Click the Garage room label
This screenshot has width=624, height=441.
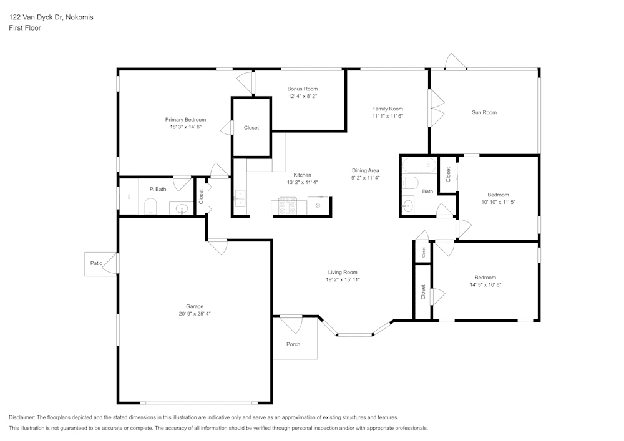tap(195, 306)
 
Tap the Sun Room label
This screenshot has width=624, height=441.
tap(484, 112)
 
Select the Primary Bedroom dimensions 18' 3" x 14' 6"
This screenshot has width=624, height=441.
tap(185, 127)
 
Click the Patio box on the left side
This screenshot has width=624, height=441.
tap(97, 263)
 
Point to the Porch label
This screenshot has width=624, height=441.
tap(293, 344)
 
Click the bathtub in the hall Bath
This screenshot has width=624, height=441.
tap(419, 166)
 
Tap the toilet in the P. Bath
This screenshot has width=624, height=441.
tap(150, 206)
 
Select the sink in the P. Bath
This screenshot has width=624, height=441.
tap(182, 209)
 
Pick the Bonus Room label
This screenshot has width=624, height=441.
tap(303, 89)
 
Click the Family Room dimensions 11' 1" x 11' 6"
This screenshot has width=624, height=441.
tap(388, 116)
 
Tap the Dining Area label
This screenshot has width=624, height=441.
tap(366, 170)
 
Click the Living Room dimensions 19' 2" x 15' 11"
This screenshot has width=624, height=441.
tap(343, 279)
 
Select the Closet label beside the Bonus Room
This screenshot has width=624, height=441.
tap(251, 128)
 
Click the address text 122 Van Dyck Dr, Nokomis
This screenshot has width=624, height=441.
tap(51, 17)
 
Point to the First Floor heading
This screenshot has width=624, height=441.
tap(25, 28)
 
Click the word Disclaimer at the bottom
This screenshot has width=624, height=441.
tap(22, 417)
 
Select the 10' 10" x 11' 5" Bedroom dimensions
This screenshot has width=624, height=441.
tap(498, 202)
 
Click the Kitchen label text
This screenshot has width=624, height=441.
tap(303, 175)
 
